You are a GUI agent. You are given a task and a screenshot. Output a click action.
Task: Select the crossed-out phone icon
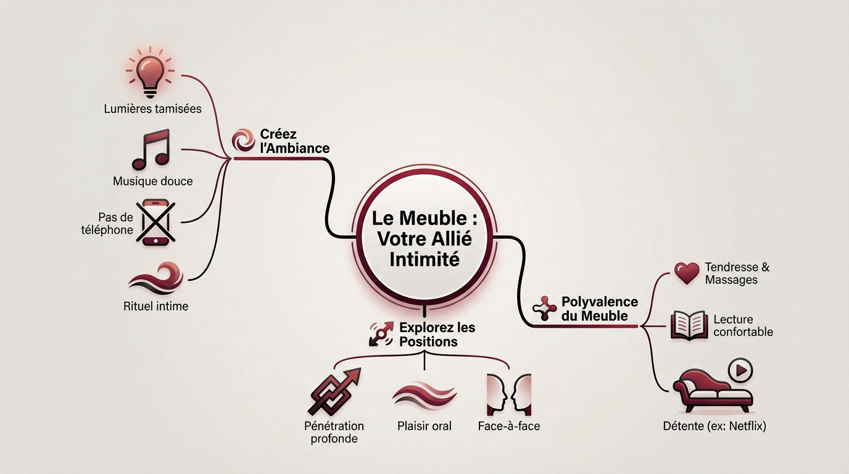[x=155, y=222]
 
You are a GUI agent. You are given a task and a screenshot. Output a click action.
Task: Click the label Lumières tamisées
[x=153, y=109]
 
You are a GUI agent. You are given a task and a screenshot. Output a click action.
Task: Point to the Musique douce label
[x=153, y=181]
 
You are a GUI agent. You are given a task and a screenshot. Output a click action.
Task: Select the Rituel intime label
[x=155, y=306]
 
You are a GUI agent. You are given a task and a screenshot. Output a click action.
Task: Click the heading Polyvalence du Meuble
[x=599, y=309]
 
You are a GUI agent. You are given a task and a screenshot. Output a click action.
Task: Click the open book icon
[x=688, y=325]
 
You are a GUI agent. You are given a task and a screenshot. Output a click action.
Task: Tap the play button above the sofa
[x=740, y=370]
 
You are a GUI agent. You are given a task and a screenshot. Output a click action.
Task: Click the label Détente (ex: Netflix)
[x=714, y=426]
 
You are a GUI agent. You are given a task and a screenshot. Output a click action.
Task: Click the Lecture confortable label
[x=743, y=325]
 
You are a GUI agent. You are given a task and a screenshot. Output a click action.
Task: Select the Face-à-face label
[x=508, y=426]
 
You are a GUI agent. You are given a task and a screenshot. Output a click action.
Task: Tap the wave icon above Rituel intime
[x=155, y=277]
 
